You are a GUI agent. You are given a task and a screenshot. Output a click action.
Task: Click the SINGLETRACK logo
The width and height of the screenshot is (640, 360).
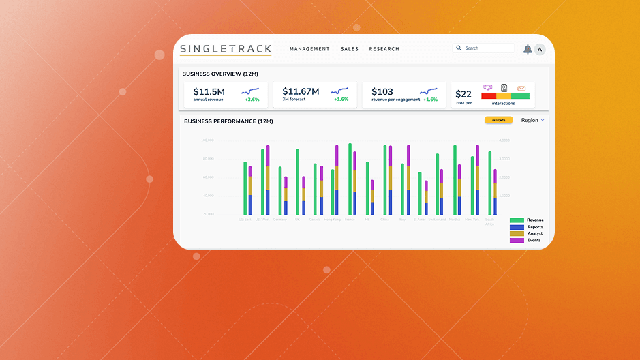(x=226, y=49)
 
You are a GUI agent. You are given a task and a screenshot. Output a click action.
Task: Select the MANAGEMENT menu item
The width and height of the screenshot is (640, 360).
(x=309, y=49)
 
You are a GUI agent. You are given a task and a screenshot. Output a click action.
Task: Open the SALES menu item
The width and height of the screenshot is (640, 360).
(x=350, y=49)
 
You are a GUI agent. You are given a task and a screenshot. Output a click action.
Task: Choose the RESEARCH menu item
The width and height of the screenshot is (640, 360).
(x=384, y=49)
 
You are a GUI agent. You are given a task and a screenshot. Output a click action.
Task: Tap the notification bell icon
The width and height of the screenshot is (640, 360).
(x=528, y=49)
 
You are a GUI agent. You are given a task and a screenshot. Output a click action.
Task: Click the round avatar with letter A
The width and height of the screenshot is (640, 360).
(x=540, y=49)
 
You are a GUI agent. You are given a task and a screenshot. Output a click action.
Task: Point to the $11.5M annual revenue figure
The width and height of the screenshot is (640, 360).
(x=209, y=91)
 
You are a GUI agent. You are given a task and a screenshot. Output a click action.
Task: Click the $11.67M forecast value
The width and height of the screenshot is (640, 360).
(x=301, y=91)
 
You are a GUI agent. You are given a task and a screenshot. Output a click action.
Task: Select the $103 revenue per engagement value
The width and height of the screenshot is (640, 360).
(x=382, y=91)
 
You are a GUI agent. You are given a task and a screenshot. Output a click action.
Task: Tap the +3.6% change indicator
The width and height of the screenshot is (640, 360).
(x=252, y=100)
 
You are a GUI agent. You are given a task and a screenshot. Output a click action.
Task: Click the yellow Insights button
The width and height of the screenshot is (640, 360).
(x=498, y=120)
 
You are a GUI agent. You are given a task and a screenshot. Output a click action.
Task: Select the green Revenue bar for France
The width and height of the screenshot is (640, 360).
(x=350, y=179)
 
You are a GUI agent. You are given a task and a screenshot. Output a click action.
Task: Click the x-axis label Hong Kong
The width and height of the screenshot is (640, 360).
(x=332, y=220)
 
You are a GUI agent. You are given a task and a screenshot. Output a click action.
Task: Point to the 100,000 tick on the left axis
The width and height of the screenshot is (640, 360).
(x=207, y=140)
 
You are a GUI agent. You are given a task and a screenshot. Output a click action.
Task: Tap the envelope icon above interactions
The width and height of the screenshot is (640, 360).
(x=521, y=88)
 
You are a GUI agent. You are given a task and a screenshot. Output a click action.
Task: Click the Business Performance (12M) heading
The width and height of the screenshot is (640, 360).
(x=228, y=121)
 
